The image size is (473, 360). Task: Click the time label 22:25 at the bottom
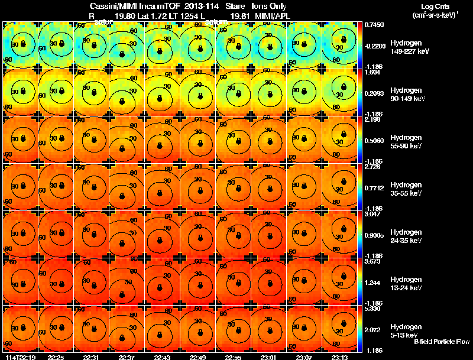(56, 356)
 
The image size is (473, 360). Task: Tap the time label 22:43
(162, 356)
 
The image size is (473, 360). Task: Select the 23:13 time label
(339, 356)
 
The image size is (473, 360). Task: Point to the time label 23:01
(268, 356)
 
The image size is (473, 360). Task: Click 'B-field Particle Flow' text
(441, 342)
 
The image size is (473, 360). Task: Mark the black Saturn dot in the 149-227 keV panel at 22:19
(23, 43)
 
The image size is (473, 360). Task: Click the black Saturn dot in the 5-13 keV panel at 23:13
(342, 323)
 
